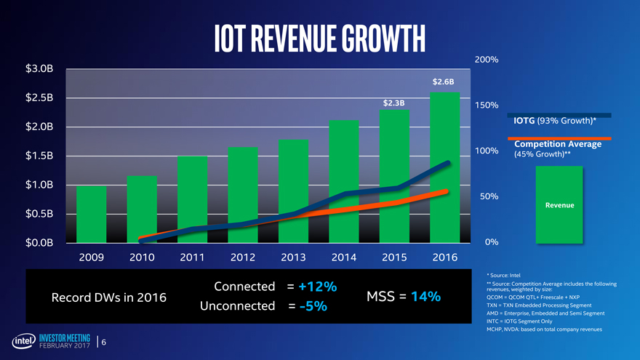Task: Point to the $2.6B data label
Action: tap(443, 81)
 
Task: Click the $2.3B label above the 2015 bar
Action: tap(393, 103)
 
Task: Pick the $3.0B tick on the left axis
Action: tap(39, 69)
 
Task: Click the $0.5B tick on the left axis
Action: tap(39, 213)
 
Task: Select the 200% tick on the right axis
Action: tap(486, 60)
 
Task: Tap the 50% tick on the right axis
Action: tap(485, 196)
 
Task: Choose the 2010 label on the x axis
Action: tap(142, 257)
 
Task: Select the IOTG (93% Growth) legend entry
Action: tap(555, 120)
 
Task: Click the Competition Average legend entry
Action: tap(557, 144)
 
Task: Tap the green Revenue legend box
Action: tap(560, 204)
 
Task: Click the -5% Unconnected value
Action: tap(311, 307)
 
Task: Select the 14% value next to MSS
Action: tap(425, 297)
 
